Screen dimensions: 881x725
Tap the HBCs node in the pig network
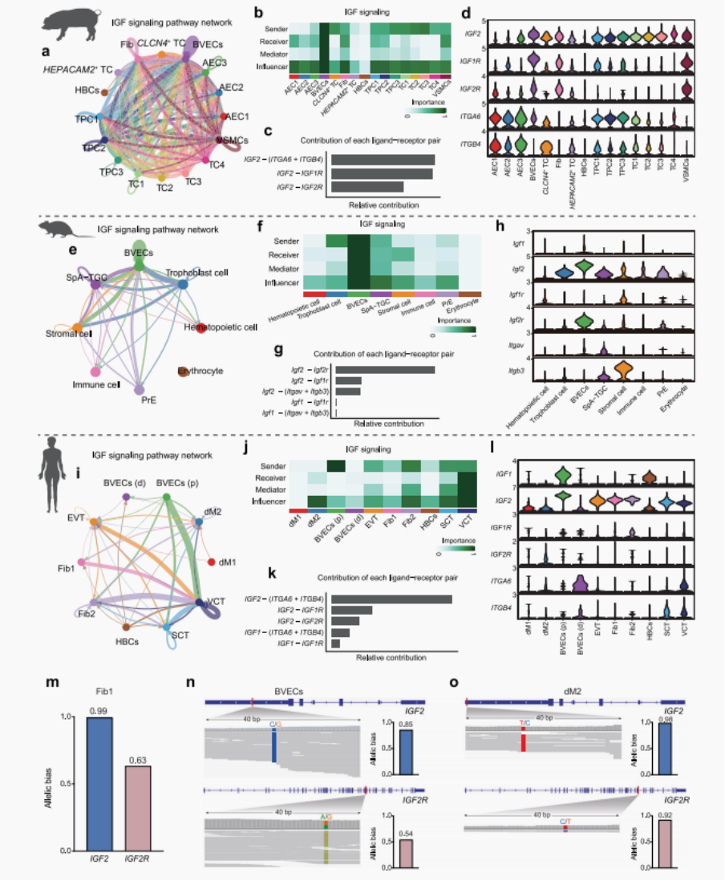click(105, 93)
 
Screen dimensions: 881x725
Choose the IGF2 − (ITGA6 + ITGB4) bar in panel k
click(391, 598)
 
